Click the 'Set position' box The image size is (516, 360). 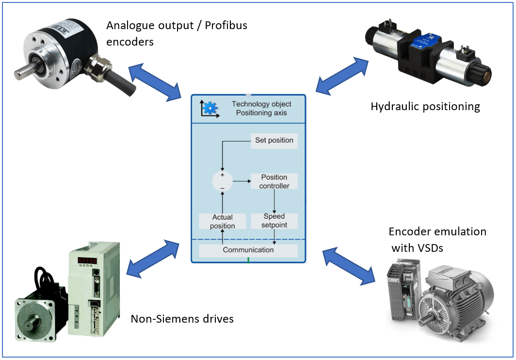pos(274,140)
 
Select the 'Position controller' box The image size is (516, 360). pos(274,181)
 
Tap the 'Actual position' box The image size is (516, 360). pos(223,221)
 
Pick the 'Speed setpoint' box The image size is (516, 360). pos(274,221)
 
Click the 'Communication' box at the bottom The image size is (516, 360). pos(248,250)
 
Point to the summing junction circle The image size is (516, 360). pos(223,181)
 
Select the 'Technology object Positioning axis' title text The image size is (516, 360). pos(261,108)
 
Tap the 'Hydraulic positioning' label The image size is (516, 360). pos(425,106)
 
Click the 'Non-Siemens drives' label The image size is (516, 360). pos(182,319)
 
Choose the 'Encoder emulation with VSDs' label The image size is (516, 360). pos(437,240)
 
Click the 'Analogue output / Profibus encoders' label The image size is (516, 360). pos(177,33)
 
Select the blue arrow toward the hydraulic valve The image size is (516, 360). pos(342,74)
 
